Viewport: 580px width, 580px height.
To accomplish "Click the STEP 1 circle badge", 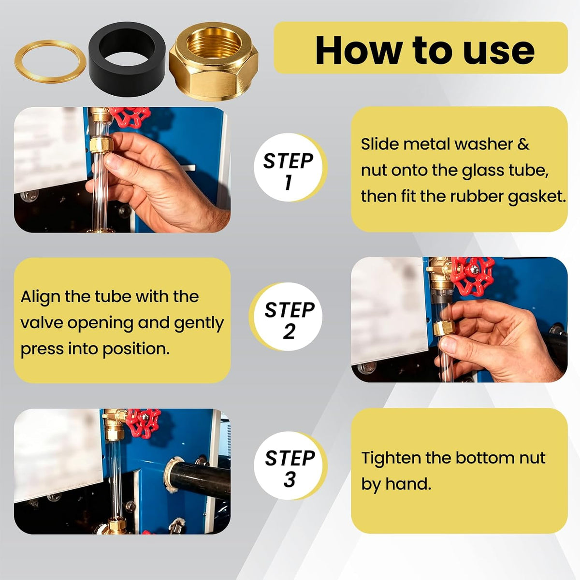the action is tap(289, 168).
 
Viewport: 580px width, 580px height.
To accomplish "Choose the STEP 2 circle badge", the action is tap(286, 317).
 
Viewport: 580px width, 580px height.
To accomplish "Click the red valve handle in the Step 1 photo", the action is tap(130, 117).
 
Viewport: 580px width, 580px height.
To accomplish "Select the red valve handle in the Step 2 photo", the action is tap(475, 276).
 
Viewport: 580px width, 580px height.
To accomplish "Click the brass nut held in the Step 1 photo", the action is tap(101, 145).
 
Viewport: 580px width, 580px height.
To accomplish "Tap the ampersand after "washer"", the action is tap(523, 144).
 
